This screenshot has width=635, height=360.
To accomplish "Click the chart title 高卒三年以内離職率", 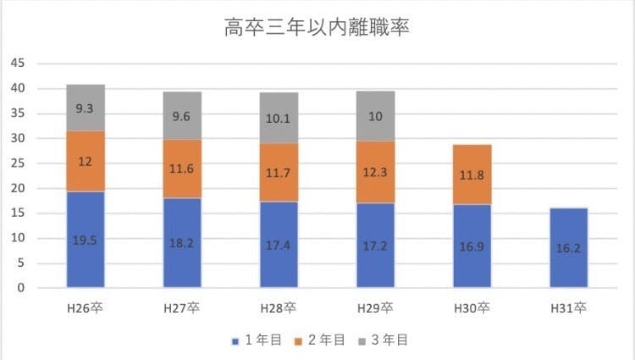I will point(317,30).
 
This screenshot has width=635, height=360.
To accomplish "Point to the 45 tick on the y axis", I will point(18,64).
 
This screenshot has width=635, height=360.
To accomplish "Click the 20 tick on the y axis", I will point(18,188).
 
